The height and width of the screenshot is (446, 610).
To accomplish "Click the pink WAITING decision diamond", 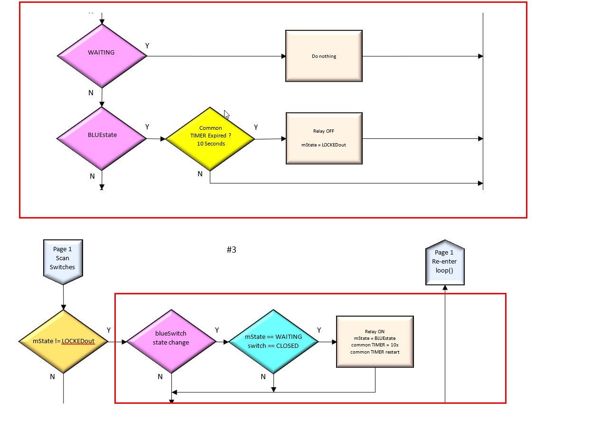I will pyautogui.click(x=102, y=55).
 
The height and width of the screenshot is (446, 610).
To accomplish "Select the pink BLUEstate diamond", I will pyautogui.click(x=102, y=138).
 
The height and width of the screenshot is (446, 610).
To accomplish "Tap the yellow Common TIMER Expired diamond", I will pyautogui.click(x=210, y=139).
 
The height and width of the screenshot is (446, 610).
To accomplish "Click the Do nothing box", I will pyautogui.click(x=324, y=56).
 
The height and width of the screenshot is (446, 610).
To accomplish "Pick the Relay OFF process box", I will pyautogui.click(x=324, y=138).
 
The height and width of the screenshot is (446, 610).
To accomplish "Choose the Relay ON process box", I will pyautogui.click(x=375, y=342).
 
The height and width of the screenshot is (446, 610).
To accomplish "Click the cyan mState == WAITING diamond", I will pyautogui.click(x=273, y=342).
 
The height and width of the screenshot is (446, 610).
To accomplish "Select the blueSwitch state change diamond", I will pyautogui.click(x=171, y=342).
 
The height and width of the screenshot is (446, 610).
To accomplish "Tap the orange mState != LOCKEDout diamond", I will pyautogui.click(x=63, y=341).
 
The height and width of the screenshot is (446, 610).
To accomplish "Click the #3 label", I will pyautogui.click(x=231, y=250).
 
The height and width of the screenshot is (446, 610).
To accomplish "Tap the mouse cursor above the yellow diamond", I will pyautogui.click(x=226, y=115).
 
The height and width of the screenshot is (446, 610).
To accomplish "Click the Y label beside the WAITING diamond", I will pyautogui.click(x=147, y=46).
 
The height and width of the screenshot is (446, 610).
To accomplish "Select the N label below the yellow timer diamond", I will pyautogui.click(x=200, y=174).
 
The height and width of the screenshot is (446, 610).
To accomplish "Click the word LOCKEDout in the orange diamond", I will pyautogui.click(x=78, y=341).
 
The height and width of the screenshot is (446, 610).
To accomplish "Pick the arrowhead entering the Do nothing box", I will pyautogui.click(x=283, y=56).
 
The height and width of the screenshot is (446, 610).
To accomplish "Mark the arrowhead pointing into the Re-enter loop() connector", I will pyautogui.click(x=445, y=287).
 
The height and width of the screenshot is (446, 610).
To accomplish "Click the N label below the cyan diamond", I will pyautogui.click(x=263, y=377).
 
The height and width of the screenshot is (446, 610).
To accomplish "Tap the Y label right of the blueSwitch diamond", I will pyautogui.click(x=217, y=330).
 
